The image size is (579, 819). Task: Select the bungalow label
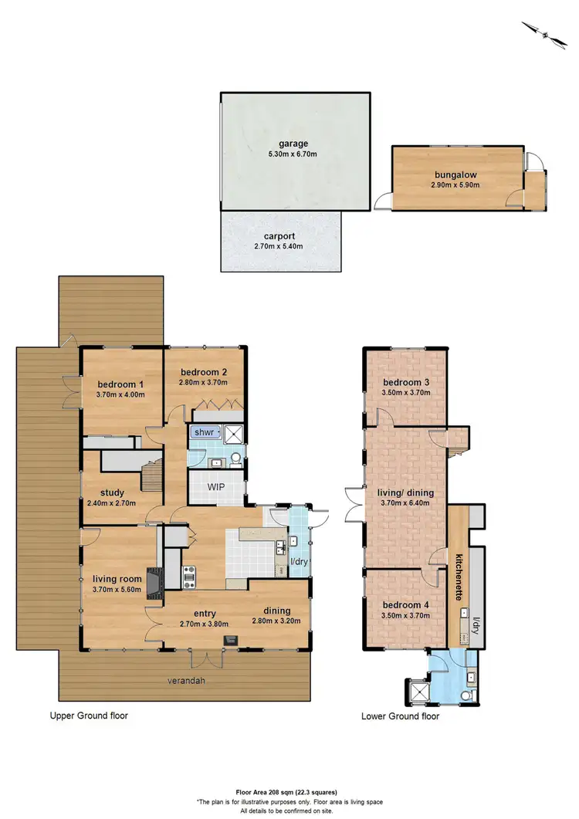tap(455, 174)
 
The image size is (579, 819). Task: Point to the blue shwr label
tap(205, 432)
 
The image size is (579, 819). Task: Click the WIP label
tap(215, 487)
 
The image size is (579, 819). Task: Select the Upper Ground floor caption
tap(90, 716)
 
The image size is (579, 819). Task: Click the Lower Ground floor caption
tap(400, 716)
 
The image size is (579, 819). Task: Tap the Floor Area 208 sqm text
tap(289, 792)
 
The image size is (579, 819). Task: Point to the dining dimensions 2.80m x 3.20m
tap(277, 619)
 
